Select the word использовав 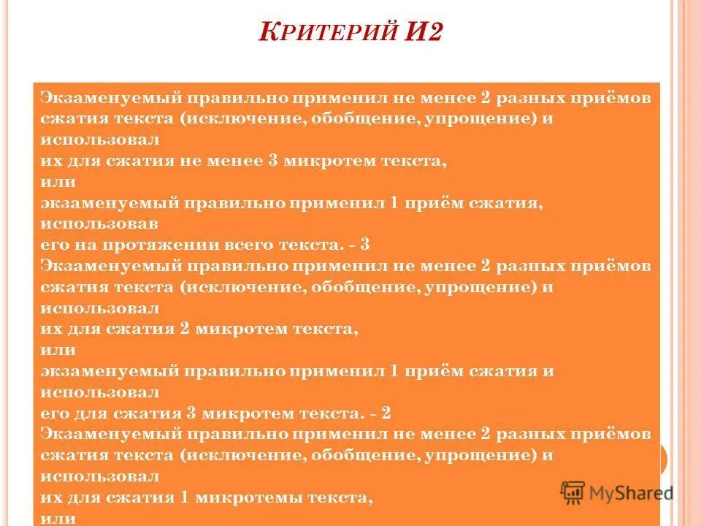click(x=100, y=223)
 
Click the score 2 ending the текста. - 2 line click(x=386, y=413)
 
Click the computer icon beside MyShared click(x=573, y=493)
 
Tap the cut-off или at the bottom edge click(x=58, y=519)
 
